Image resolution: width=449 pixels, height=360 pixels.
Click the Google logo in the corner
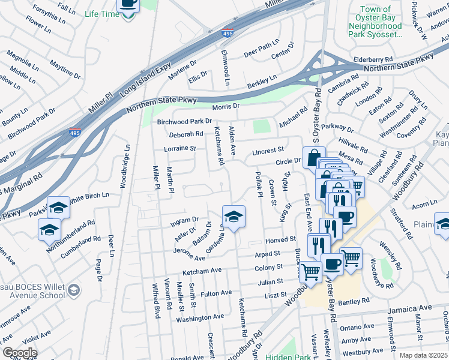[19, 353]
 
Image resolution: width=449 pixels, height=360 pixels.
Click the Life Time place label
[102, 13]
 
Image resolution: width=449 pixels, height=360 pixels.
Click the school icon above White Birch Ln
[58, 208]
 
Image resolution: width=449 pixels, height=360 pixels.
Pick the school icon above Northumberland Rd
[49, 229]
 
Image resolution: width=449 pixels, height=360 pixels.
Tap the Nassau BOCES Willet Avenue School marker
[73, 290]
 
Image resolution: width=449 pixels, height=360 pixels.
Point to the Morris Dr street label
[226, 106]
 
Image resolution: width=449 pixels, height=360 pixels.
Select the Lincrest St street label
[268, 150]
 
